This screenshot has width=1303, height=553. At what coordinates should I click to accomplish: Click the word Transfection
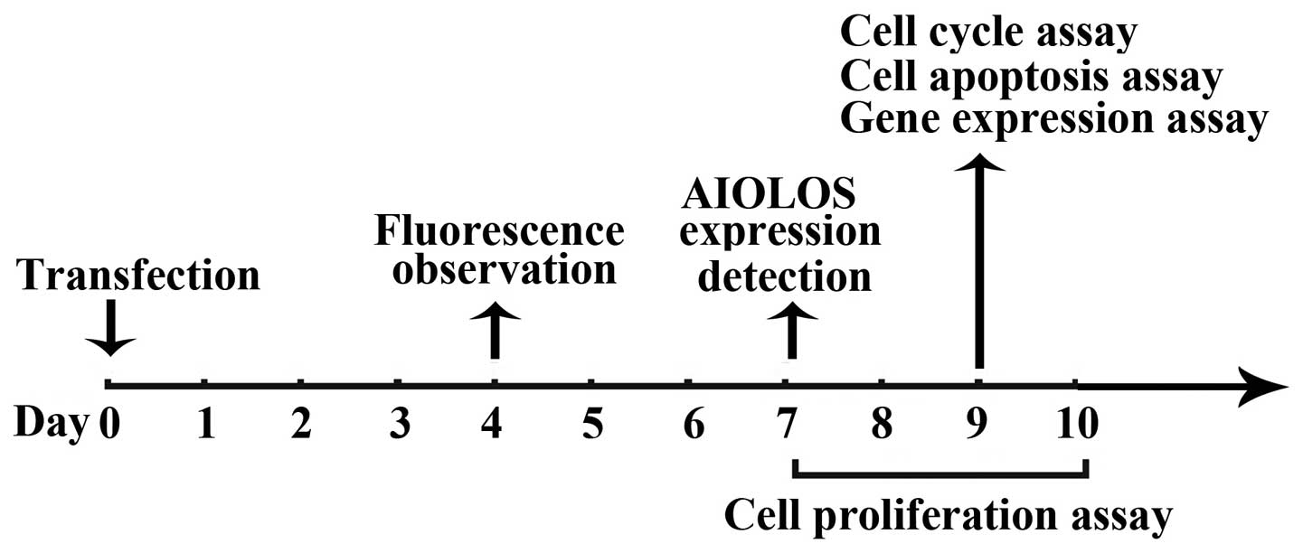pos(139,276)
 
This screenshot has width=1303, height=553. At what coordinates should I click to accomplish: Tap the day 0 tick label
pos(109,423)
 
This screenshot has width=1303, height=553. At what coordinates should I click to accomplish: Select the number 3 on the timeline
pos(397,423)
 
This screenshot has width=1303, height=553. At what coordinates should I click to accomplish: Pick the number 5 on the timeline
pos(591,423)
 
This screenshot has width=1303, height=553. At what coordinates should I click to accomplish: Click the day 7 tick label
pos(787,423)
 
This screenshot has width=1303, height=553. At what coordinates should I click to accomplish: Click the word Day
pos(51,423)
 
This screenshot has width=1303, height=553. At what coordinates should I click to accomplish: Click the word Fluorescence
pos(499,232)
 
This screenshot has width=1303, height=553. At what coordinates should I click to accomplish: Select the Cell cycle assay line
pos(988,33)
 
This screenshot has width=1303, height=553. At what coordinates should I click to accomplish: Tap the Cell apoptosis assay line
pos(1031,77)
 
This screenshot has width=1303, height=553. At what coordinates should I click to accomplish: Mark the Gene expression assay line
pos(1053,120)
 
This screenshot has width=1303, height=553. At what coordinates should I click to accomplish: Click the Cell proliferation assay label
pos(949,516)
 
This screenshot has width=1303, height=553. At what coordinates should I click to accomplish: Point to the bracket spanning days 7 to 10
pos(939,474)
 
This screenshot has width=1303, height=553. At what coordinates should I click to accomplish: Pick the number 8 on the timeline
pos(882,423)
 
